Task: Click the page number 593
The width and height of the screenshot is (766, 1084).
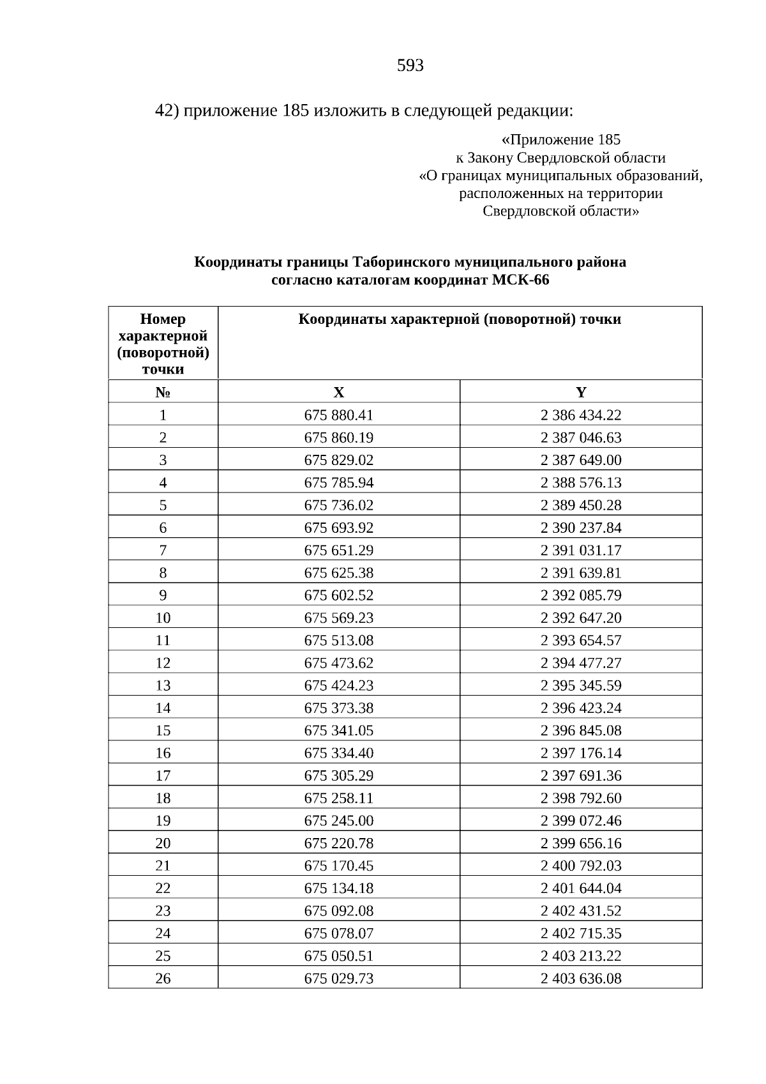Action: [x=410, y=66]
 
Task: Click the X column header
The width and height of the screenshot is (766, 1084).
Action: [x=338, y=392]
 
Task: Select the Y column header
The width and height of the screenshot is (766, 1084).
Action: [x=581, y=392]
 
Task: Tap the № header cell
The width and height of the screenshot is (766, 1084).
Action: [x=163, y=392]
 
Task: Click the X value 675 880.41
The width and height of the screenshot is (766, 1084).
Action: [x=338, y=415]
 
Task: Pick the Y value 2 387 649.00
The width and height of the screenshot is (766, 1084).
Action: [x=581, y=460]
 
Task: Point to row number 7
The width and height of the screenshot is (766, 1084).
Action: [x=163, y=550]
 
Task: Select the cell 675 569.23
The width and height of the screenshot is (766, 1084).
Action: [x=338, y=618]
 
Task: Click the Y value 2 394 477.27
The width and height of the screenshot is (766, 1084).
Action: [x=581, y=663]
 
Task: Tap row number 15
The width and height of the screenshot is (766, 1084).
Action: [x=163, y=730]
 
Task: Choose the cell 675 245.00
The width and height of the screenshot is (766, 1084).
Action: [x=338, y=820]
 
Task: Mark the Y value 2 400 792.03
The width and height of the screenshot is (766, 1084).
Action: [x=581, y=866]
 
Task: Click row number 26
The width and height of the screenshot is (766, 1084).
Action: [x=163, y=978]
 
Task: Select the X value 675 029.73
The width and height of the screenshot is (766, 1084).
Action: [x=338, y=978]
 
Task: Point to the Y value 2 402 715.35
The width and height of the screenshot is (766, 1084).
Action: [x=581, y=933]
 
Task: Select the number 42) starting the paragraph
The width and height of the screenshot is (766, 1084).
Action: [x=167, y=111]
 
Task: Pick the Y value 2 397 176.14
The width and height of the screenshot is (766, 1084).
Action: [x=581, y=753]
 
